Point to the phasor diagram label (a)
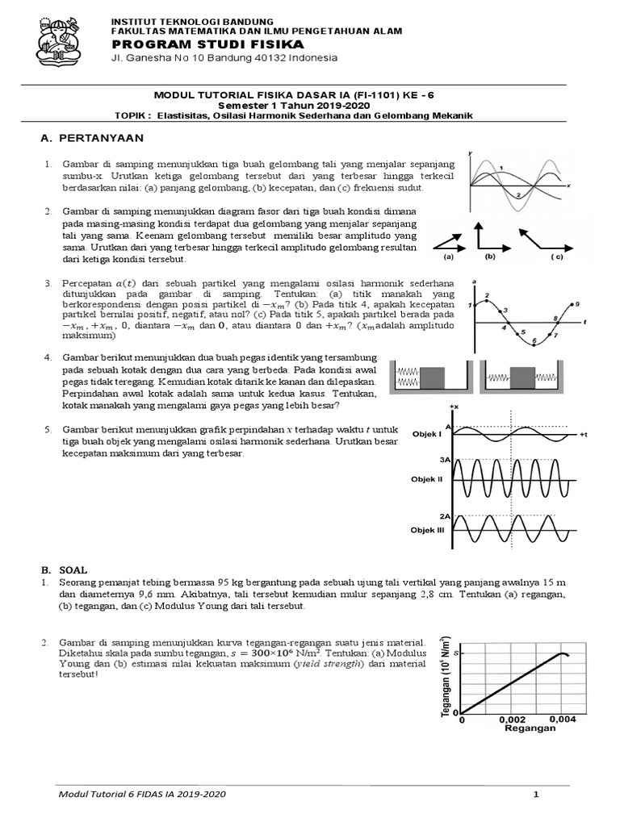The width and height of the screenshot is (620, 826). [x=450, y=257]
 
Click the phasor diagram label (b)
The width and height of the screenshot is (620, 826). [x=490, y=257]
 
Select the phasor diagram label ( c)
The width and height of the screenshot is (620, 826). [x=556, y=257]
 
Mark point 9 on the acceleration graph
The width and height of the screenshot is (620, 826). [x=576, y=303]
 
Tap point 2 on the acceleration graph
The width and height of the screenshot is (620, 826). [x=486, y=298]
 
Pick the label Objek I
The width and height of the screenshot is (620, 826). [x=427, y=433]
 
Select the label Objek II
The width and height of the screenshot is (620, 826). [x=428, y=479]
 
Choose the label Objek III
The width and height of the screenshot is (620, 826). [x=428, y=531]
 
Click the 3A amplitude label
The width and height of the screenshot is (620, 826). [x=444, y=459]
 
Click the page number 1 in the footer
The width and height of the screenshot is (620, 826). [x=535, y=795]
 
